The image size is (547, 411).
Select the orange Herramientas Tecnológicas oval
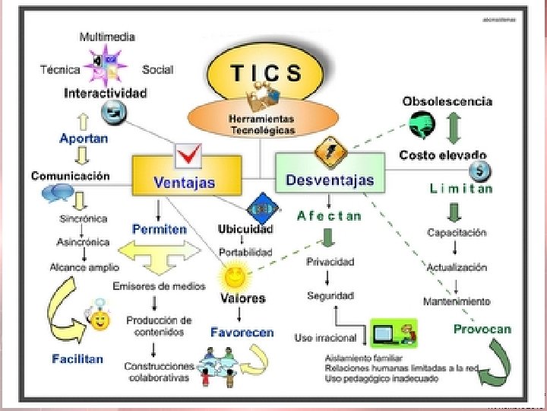pyautogui.click(x=261, y=122)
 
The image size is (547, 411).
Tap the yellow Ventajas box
pyautogui.click(x=184, y=182)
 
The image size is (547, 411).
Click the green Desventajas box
pyautogui.click(x=330, y=180)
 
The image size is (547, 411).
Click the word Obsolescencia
pyautogui.click(x=447, y=101)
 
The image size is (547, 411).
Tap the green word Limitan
pyautogui.click(x=460, y=189)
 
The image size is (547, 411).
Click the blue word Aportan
pyautogui.click(x=84, y=139)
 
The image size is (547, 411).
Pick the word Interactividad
pyautogui.click(x=106, y=94)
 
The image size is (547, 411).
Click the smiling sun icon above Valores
pyautogui.click(x=232, y=274)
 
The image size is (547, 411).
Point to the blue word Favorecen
pyautogui.click(x=242, y=333)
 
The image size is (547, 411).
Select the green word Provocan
pyautogui.click(x=482, y=330)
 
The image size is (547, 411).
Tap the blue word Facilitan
pyautogui.click(x=77, y=358)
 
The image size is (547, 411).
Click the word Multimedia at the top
pyautogui.click(x=107, y=36)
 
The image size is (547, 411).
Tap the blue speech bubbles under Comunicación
pyautogui.click(x=58, y=193)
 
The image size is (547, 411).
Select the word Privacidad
pyautogui.click(x=330, y=262)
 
